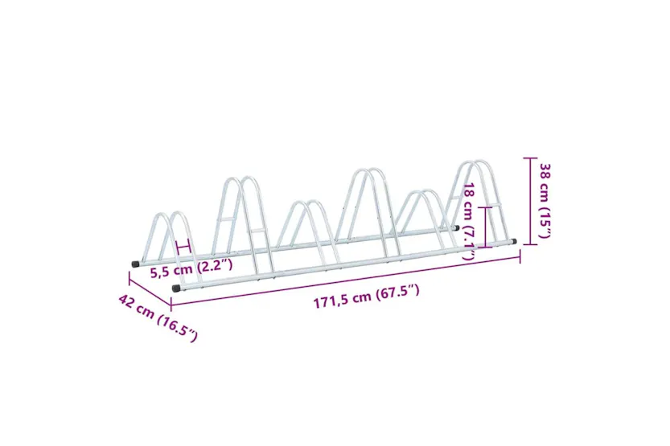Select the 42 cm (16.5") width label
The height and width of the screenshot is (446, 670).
point(157,318)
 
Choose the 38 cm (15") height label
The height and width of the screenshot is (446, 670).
point(545,201)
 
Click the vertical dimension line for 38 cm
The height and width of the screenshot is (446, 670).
point(528,201)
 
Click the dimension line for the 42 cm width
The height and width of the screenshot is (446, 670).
point(150,291)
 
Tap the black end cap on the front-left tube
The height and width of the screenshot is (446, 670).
point(176,287)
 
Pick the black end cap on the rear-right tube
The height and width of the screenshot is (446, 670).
point(456,227)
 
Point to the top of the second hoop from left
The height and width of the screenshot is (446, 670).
point(240,178)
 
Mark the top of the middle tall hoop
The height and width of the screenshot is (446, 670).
point(364,170)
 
